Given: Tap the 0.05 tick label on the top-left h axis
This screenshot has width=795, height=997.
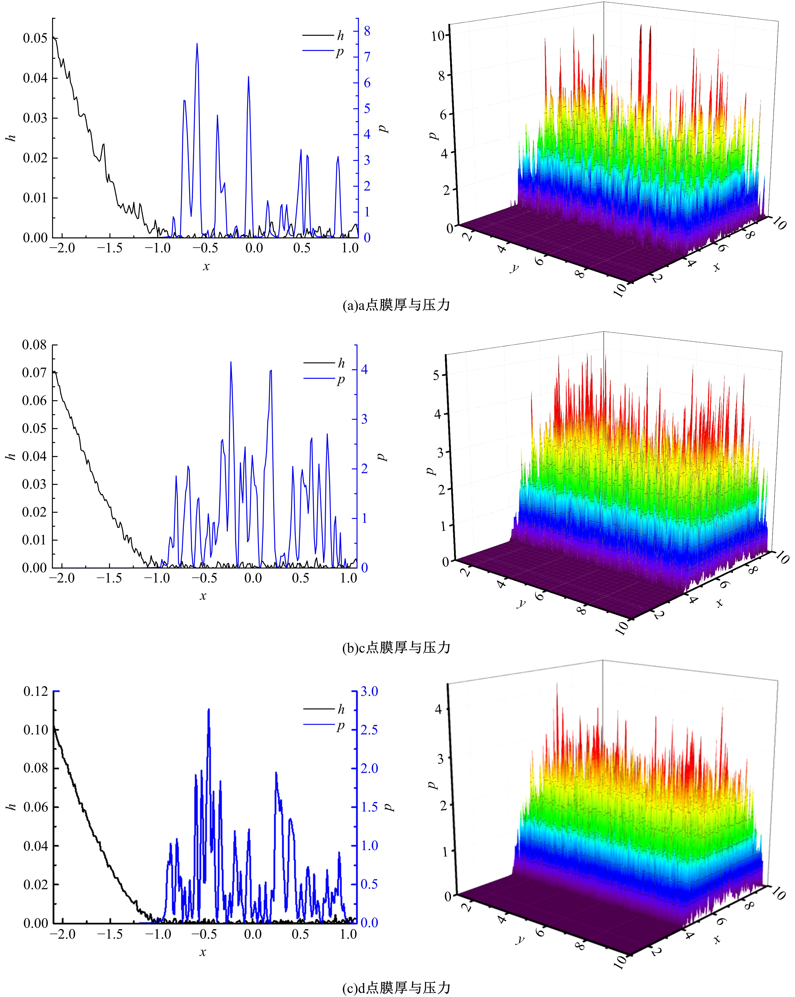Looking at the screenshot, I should [36, 38].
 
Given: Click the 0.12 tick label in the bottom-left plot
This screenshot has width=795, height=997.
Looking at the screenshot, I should [36, 691].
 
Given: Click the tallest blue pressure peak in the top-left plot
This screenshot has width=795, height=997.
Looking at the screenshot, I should [197, 44].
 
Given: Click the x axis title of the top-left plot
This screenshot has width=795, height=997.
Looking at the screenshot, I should [206, 266].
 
